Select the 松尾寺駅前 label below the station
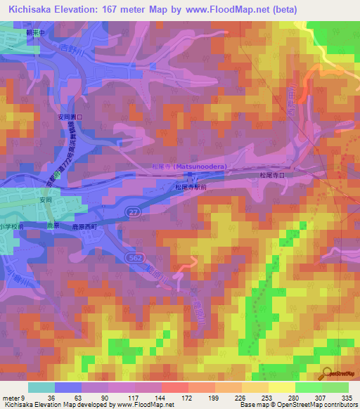click(191, 188)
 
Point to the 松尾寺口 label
click(271, 173)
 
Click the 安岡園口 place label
click(70, 118)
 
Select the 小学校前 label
click(12, 226)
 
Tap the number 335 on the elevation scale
click(346, 397)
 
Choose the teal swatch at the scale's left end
click(41, 387)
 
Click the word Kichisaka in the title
click(32, 9)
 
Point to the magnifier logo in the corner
click(328, 375)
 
